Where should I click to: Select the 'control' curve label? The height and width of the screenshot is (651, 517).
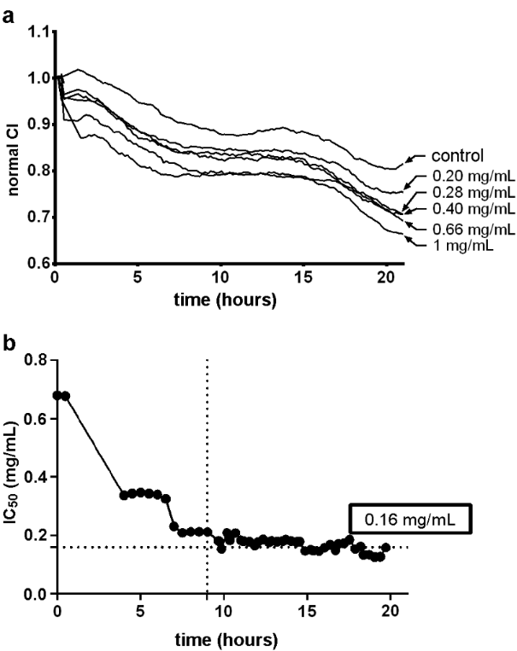[456, 157]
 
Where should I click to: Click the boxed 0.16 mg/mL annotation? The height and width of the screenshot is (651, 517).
[409, 518]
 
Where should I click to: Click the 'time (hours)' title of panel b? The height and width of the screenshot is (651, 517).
[228, 636]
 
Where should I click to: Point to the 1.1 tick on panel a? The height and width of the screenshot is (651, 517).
[37, 32]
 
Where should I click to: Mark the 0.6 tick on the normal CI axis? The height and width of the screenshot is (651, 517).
[37, 263]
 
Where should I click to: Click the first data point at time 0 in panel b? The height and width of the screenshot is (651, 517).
[57, 395]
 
